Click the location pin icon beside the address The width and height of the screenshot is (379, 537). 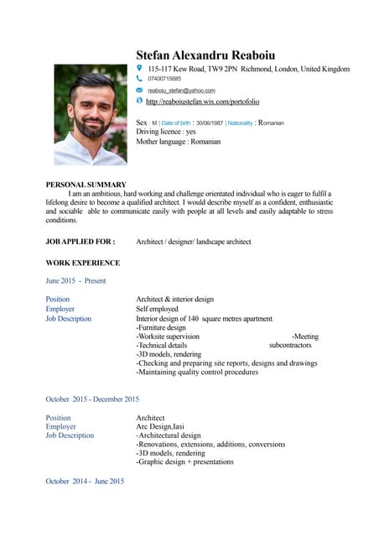pyautogui.click(x=140, y=68)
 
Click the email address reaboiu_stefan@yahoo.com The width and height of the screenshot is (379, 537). pyautogui.click(x=181, y=90)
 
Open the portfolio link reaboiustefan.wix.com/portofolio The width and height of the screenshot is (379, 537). pyautogui.click(x=202, y=102)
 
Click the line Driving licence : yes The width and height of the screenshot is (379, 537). pyautogui.click(x=165, y=132)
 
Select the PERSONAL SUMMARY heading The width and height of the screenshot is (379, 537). pyautogui.click(x=86, y=185)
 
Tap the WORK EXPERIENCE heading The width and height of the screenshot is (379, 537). pyautogui.click(x=82, y=263)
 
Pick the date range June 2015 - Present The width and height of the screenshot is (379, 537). pyautogui.click(x=75, y=281)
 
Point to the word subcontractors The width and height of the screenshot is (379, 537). pyautogui.click(x=289, y=345)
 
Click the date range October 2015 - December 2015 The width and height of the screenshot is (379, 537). pyautogui.click(x=92, y=399)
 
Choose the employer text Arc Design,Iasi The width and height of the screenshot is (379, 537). pyautogui.click(x=160, y=426)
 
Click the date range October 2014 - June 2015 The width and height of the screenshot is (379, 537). pyautogui.click(x=85, y=481)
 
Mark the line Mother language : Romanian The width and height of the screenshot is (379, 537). pyautogui.click(x=178, y=142)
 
